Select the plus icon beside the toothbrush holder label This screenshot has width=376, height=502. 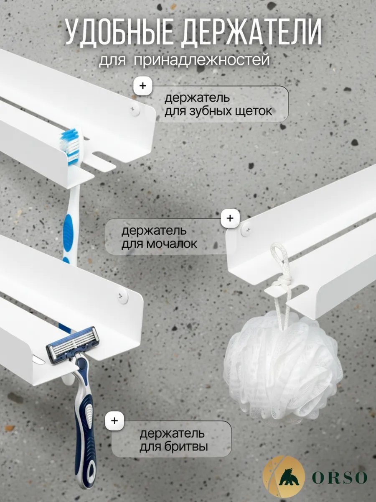pyautogui.click(x=143, y=86)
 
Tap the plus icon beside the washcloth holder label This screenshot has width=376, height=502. pyautogui.click(x=230, y=218)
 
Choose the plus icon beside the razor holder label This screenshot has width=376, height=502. pyautogui.click(x=114, y=420)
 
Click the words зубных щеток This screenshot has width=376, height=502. pyautogui.click(x=218, y=112)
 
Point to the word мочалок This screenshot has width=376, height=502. pyautogui.click(x=171, y=244)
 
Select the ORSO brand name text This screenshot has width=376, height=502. pyautogui.click(x=339, y=477)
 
